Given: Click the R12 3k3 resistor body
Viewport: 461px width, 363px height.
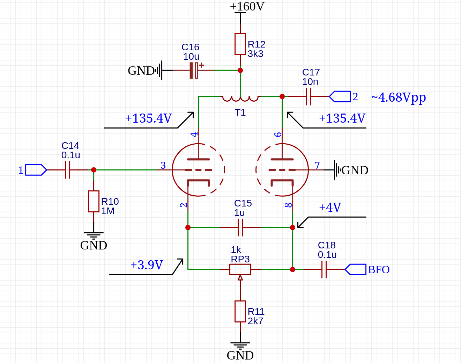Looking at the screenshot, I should (240, 44).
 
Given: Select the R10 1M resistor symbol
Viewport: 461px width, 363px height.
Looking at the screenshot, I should (94, 201).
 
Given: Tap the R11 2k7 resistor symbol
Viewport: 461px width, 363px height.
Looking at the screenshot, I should (240, 311).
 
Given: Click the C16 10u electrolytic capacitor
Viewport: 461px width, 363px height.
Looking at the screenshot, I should (194, 70).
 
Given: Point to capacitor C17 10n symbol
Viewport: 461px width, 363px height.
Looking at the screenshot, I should (308, 96).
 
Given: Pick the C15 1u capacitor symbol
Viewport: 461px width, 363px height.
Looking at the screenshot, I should (240, 227).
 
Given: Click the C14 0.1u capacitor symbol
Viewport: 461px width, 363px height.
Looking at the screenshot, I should (68, 170).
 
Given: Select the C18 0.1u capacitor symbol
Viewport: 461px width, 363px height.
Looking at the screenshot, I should (324, 269).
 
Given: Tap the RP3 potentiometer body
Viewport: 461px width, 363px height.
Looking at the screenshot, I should (240, 269).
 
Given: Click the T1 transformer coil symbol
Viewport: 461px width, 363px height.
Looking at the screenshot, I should (240, 99).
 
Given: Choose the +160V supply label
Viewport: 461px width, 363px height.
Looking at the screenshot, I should (247, 6).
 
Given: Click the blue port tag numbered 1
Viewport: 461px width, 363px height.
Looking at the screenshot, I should (36, 170).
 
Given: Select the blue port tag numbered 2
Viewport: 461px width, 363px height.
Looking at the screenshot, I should (340, 96).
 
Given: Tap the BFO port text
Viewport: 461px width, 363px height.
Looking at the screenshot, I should (379, 270).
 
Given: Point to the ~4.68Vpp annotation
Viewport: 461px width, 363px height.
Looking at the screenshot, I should (399, 97).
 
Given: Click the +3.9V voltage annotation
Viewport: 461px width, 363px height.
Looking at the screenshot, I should (147, 265).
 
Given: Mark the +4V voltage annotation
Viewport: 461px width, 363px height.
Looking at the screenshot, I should (330, 208).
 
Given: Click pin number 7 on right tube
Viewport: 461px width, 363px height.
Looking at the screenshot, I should (317, 165).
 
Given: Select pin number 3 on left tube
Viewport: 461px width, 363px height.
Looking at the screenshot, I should (163, 165).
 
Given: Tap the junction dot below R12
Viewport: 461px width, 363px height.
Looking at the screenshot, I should (240, 70).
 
